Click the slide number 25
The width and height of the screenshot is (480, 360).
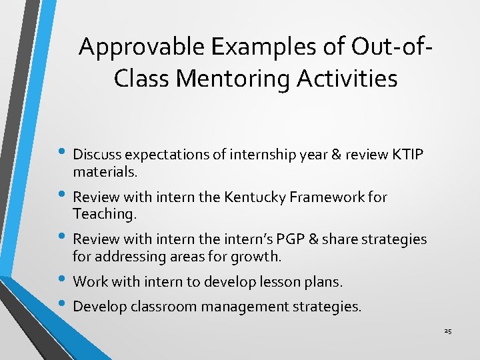(448, 331)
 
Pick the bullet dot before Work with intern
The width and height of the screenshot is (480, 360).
(63, 281)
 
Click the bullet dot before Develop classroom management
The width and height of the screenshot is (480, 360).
(63, 306)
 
